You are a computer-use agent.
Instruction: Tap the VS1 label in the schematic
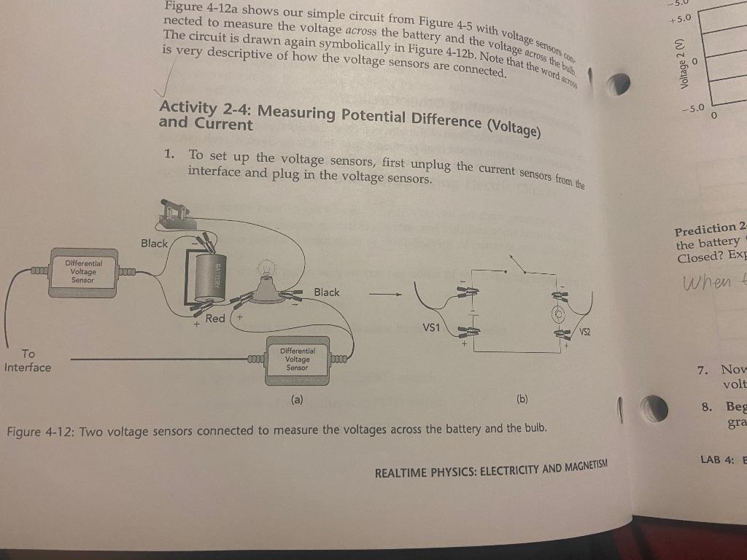pos(431,327)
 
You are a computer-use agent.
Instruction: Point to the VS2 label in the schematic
pos(585,332)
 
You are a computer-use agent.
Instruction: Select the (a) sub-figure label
pos(297,400)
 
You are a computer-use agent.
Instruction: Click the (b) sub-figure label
pos(522,400)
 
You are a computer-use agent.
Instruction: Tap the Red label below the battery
pos(215,319)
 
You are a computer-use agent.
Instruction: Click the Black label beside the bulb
pos(326,292)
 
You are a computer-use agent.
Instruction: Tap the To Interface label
pos(28,360)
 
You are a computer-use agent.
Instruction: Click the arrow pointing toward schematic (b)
pos(384,295)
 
